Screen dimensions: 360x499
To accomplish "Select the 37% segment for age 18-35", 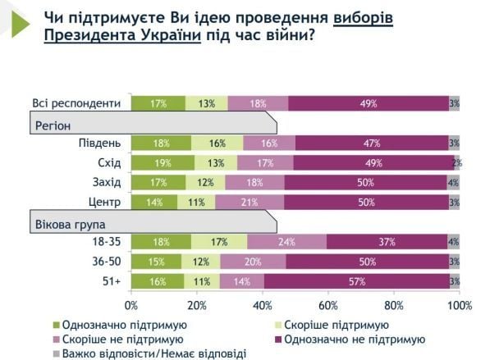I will pos(387,242).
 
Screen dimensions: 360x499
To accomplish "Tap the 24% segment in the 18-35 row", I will pos(286,242).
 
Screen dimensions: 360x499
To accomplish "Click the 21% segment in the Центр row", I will pos(249,202).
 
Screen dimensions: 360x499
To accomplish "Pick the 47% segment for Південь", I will pos(371,143).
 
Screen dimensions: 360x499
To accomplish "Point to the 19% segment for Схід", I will pos(163,162).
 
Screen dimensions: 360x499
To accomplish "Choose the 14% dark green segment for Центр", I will pos(154,202).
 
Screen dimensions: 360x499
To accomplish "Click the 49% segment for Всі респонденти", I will pos(368,103).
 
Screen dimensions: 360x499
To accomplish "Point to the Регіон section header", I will pos(54,125).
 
